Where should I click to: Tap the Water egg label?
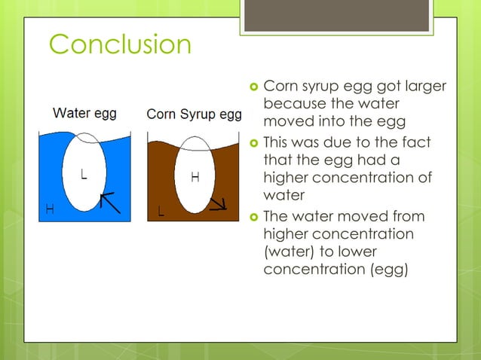[x=84, y=114]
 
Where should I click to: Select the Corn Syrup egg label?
[x=194, y=114]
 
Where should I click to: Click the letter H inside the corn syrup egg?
[x=195, y=178]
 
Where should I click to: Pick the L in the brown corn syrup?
[x=161, y=211]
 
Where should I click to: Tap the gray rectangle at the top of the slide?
[x=336, y=15]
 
